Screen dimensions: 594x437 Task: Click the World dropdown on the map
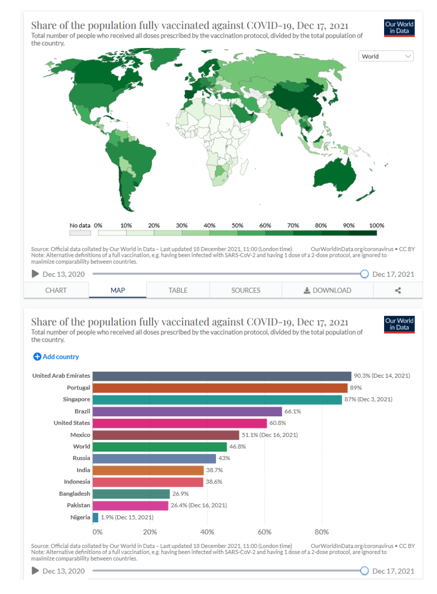386,56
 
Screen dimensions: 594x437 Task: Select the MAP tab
118,290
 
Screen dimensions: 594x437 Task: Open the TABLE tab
178,290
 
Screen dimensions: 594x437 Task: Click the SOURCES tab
246,290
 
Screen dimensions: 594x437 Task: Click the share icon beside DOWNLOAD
398,290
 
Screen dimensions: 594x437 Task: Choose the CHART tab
56,290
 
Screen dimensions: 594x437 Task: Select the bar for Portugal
220,388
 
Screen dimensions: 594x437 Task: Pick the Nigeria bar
95,517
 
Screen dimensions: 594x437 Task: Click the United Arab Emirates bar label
61,376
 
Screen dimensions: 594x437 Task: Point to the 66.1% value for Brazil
292,411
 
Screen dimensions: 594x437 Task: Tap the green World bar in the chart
160,446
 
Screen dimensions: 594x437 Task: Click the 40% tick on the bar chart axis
207,532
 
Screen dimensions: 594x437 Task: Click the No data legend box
80,233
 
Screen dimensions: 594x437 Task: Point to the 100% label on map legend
377,225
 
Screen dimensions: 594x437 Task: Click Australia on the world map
336,176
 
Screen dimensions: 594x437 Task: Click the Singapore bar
217,399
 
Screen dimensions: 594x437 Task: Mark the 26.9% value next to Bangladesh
179,494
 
